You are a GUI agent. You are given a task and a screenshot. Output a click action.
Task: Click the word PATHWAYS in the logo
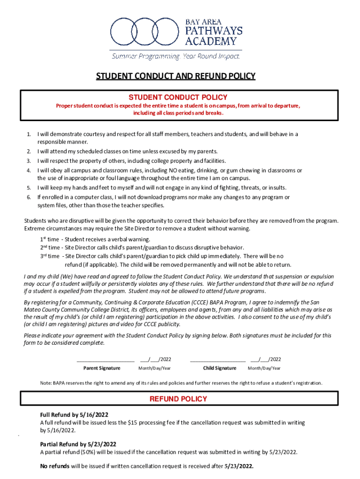[x=214, y=31]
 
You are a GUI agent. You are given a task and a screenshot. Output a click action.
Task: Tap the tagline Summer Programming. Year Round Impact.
[x=175, y=56]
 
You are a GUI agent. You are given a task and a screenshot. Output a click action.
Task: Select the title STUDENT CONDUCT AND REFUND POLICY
[x=175, y=76]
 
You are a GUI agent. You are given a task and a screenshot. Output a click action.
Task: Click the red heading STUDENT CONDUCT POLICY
[x=178, y=97]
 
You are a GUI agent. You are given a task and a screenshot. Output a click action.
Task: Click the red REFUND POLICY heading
[x=178, y=399]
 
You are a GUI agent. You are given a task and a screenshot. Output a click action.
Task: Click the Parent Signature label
[x=105, y=368]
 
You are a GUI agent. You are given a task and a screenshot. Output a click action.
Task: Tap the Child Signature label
[x=220, y=368]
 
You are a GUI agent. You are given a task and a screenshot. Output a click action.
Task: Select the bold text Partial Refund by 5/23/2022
[x=78, y=444]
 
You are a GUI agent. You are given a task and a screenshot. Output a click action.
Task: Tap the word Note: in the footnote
[x=46, y=383]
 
